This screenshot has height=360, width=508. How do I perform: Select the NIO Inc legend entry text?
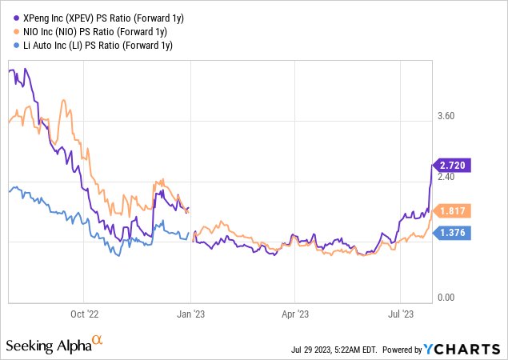click(94, 30)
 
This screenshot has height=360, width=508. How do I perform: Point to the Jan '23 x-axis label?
click(190, 315)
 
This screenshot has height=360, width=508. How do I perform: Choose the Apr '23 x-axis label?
click(295, 315)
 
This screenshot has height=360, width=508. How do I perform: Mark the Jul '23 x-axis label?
click(400, 315)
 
